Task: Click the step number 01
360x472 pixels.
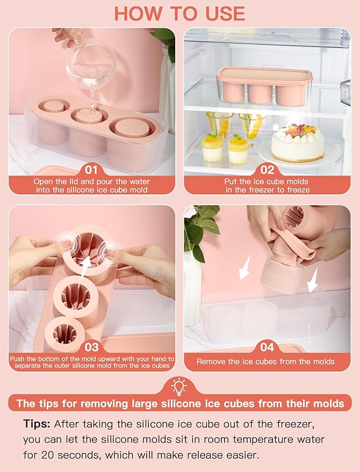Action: click(91, 170)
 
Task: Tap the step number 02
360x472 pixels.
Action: click(267, 170)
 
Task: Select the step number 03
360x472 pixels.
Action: click(91, 347)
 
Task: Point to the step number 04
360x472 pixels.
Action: click(267, 347)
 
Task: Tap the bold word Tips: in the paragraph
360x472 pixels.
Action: click(37, 424)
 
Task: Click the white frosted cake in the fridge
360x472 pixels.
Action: click(298, 142)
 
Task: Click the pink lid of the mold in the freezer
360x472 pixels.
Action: click(264, 75)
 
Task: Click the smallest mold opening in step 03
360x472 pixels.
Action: click(64, 334)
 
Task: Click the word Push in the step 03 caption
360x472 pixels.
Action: click(17, 359)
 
